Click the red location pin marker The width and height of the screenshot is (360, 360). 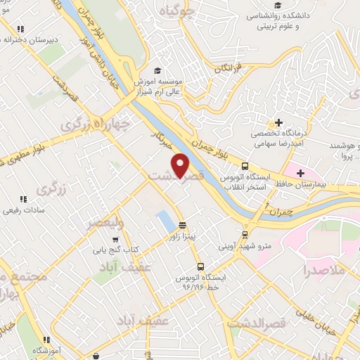point(181,165)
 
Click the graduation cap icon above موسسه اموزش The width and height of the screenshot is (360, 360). point(158,71)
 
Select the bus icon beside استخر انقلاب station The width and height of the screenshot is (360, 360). point(245,167)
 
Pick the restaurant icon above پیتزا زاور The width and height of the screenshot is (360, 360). point(183,226)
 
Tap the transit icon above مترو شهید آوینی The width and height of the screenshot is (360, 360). point(245,235)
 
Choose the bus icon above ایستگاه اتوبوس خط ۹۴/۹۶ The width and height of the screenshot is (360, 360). point(201,267)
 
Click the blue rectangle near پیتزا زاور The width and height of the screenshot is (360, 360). point(167,220)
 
